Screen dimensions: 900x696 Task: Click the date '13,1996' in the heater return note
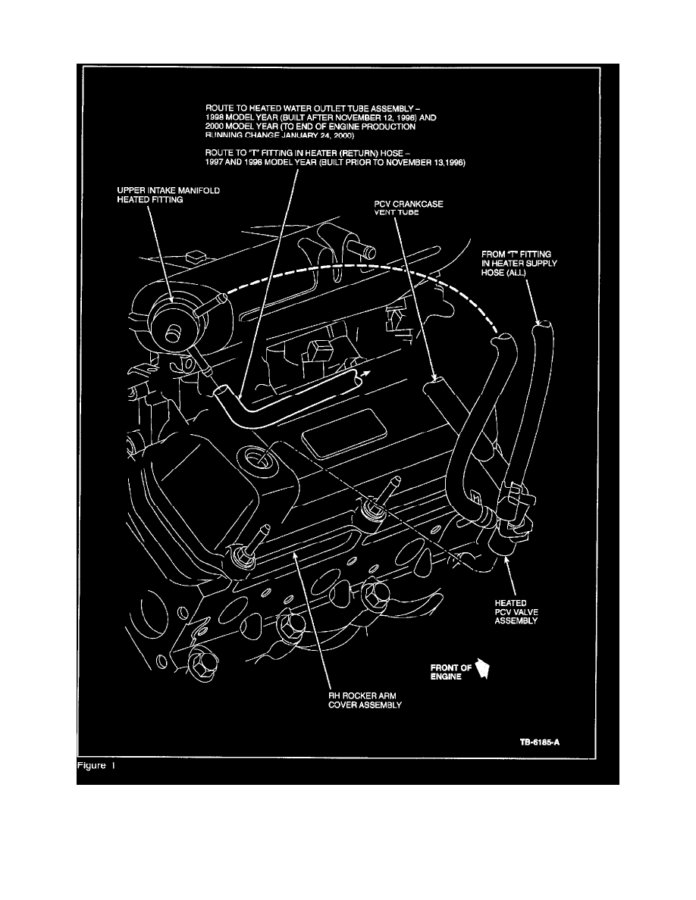point(447,164)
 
